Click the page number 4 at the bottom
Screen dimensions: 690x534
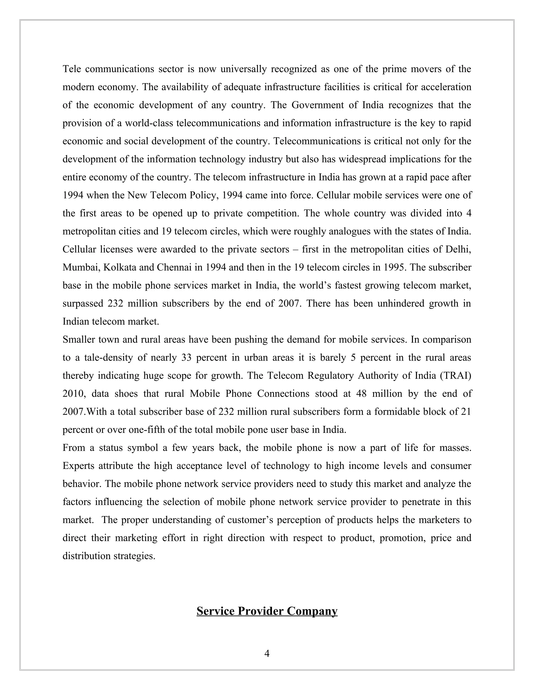[267, 653]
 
